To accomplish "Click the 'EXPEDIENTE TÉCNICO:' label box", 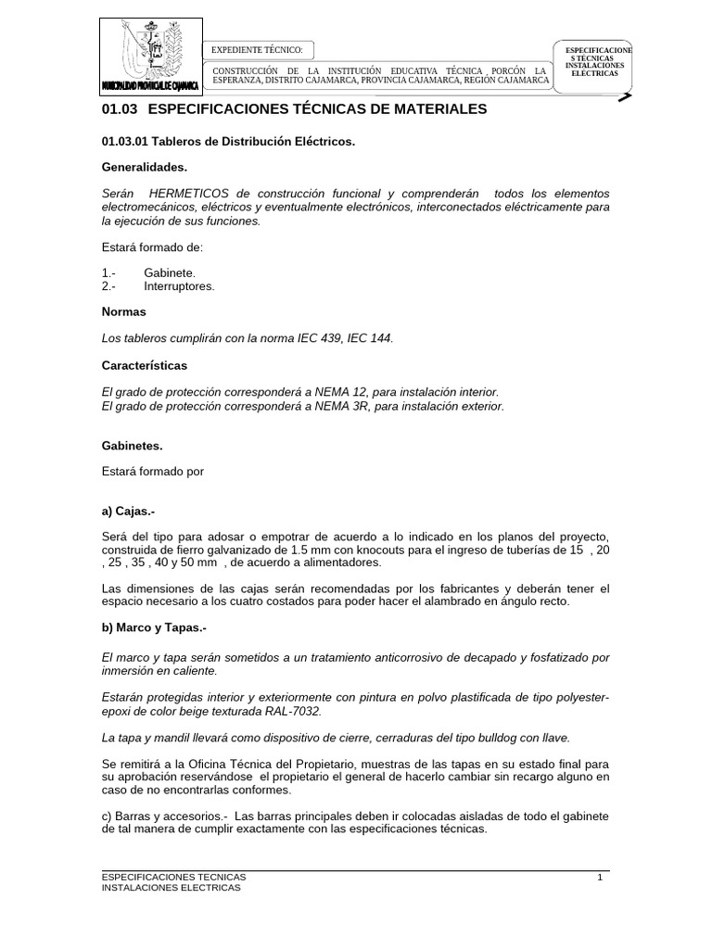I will [x=258, y=49].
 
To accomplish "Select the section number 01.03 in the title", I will [x=120, y=109].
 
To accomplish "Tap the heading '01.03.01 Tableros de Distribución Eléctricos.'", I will [x=228, y=142].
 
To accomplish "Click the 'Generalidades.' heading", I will [x=144, y=168].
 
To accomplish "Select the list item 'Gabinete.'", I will [x=170, y=273].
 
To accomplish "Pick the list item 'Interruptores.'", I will [x=179, y=286].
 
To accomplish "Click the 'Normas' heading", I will [x=123, y=312].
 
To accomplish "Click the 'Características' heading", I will [x=144, y=365].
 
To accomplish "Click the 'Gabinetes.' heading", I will [x=132, y=446].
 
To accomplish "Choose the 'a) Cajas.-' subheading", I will [x=129, y=511].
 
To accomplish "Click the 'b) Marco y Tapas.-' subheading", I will [x=153, y=628].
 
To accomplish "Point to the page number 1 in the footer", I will [x=600, y=876].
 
